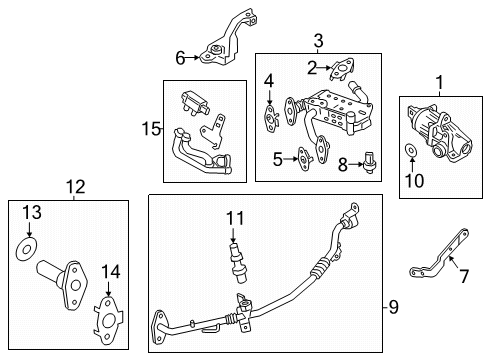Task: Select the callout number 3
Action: coord(318,40)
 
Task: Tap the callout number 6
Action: coord(181,58)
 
